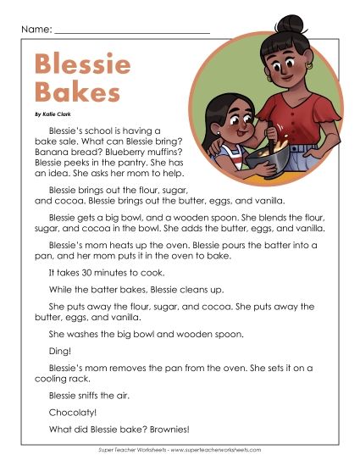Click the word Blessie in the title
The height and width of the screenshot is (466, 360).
point(82,64)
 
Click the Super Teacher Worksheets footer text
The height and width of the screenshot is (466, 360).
point(180,450)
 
